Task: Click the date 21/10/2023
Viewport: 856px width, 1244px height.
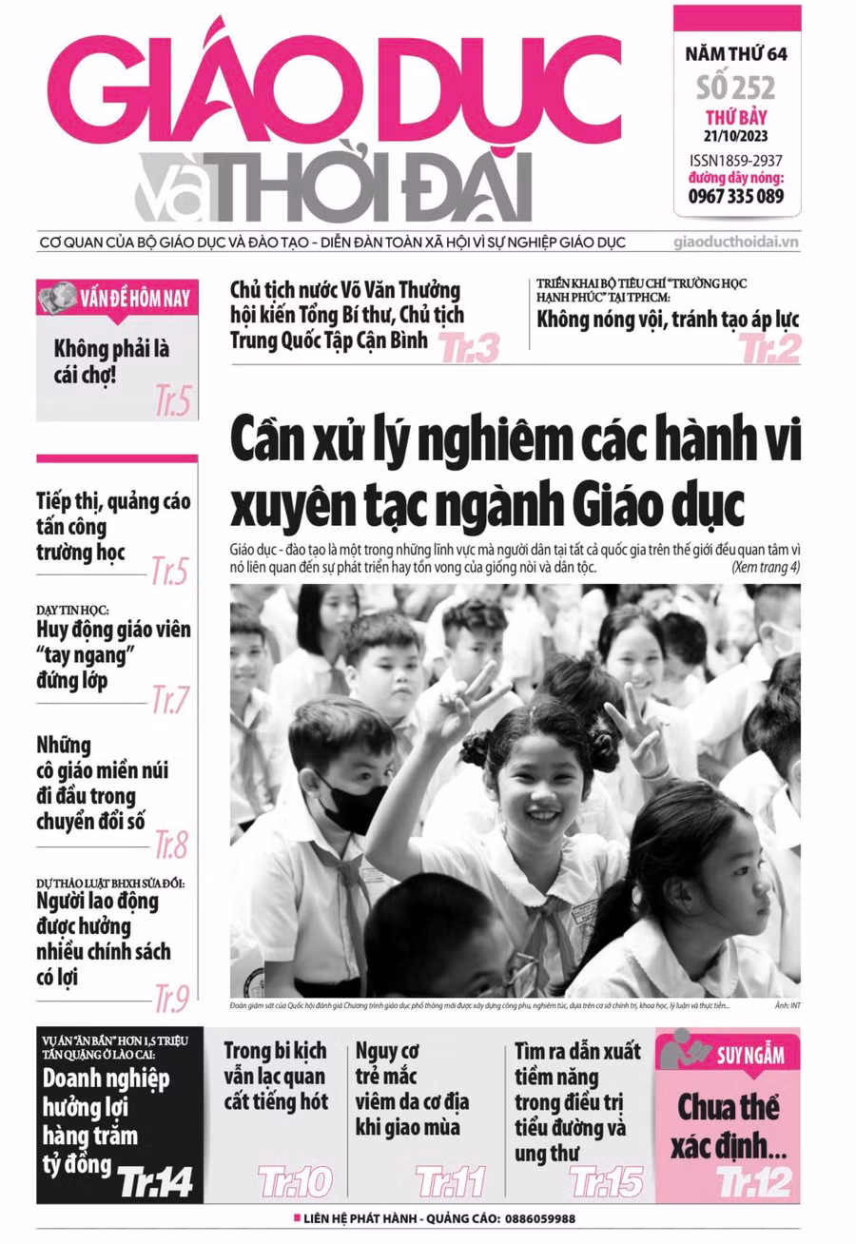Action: click(736, 135)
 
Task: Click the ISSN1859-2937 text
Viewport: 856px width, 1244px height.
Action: click(736, 162)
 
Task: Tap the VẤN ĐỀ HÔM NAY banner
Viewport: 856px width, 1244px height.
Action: click(118, 298)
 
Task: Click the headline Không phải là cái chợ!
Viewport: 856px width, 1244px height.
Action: click(111, 361)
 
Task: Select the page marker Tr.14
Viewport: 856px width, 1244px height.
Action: click(155, 1182)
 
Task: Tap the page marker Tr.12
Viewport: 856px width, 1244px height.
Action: click(753, 1182)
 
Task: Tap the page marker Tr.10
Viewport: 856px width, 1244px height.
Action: click(295, 1183)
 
